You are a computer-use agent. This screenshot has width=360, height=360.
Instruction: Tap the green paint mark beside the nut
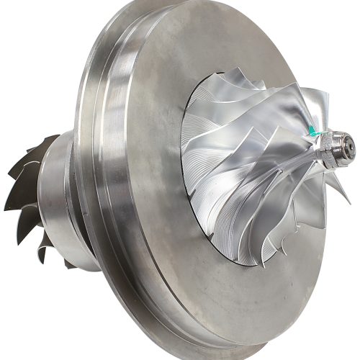tap(314, 132)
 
